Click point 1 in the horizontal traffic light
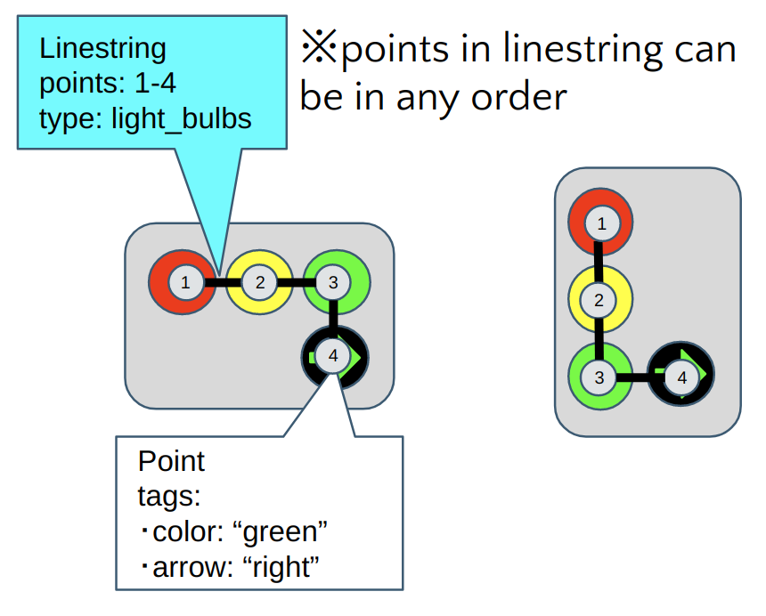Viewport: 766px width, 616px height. pos(184,283)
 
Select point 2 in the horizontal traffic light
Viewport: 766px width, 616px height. pos(259,283)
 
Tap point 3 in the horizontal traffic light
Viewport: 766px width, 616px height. pos(332,283)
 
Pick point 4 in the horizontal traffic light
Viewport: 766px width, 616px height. pos(332,356)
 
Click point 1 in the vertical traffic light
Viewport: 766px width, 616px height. pos(601,223)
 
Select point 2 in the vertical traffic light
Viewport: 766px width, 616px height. pos(599,300)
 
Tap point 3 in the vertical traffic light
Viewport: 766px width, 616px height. pos(599,377)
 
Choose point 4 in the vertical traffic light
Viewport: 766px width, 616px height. pos(682,377)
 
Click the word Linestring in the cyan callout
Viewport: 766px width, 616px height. pos(102,48)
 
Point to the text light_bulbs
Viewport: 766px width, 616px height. pos(181,118)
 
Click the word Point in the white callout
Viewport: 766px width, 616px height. pos(171,461)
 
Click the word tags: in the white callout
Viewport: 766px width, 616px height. pos(168,497)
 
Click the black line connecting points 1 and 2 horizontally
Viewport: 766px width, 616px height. pos(222,283)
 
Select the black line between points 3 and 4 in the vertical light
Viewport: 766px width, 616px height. pos(640,377)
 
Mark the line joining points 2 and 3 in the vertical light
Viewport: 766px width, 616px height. pos(599,338)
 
